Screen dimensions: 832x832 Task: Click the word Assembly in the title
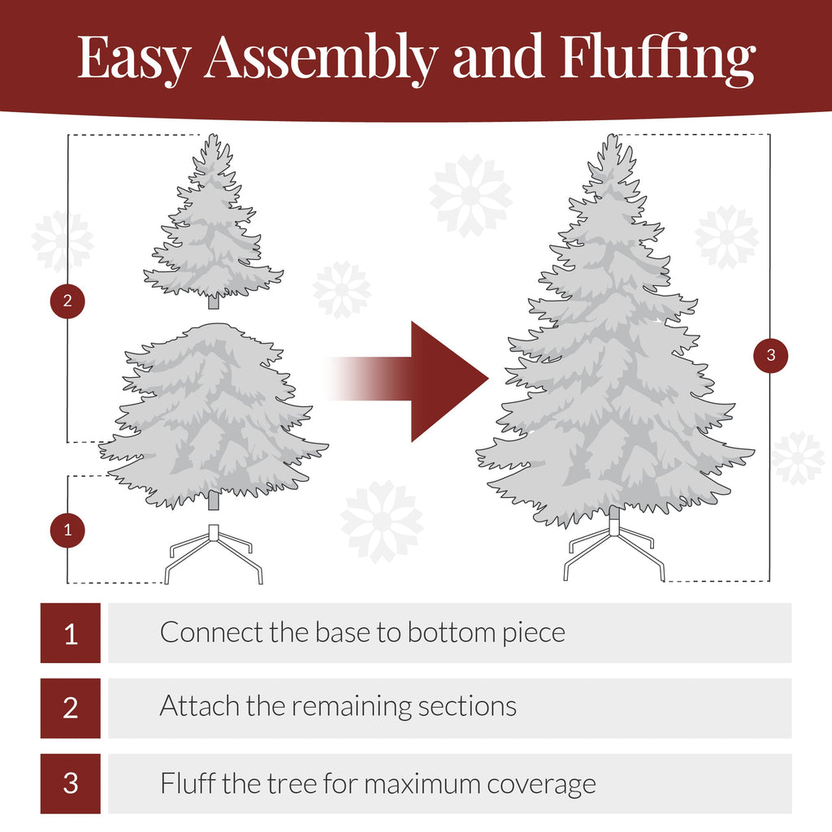[320, 58]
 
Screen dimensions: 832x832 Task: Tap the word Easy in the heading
[135, 58]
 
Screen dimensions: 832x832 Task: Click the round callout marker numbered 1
[67, 531]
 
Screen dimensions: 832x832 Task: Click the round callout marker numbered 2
[67, 301]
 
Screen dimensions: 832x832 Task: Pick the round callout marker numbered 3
[770, 355]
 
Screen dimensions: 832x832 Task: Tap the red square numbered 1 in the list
[71, 633]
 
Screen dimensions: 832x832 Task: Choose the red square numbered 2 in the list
[71, 708]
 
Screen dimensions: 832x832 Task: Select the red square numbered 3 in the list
[71, 784]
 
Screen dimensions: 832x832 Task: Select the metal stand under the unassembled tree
[214, 552]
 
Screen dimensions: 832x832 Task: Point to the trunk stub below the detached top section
[214, 302]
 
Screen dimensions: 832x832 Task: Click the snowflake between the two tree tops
[470, 196]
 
